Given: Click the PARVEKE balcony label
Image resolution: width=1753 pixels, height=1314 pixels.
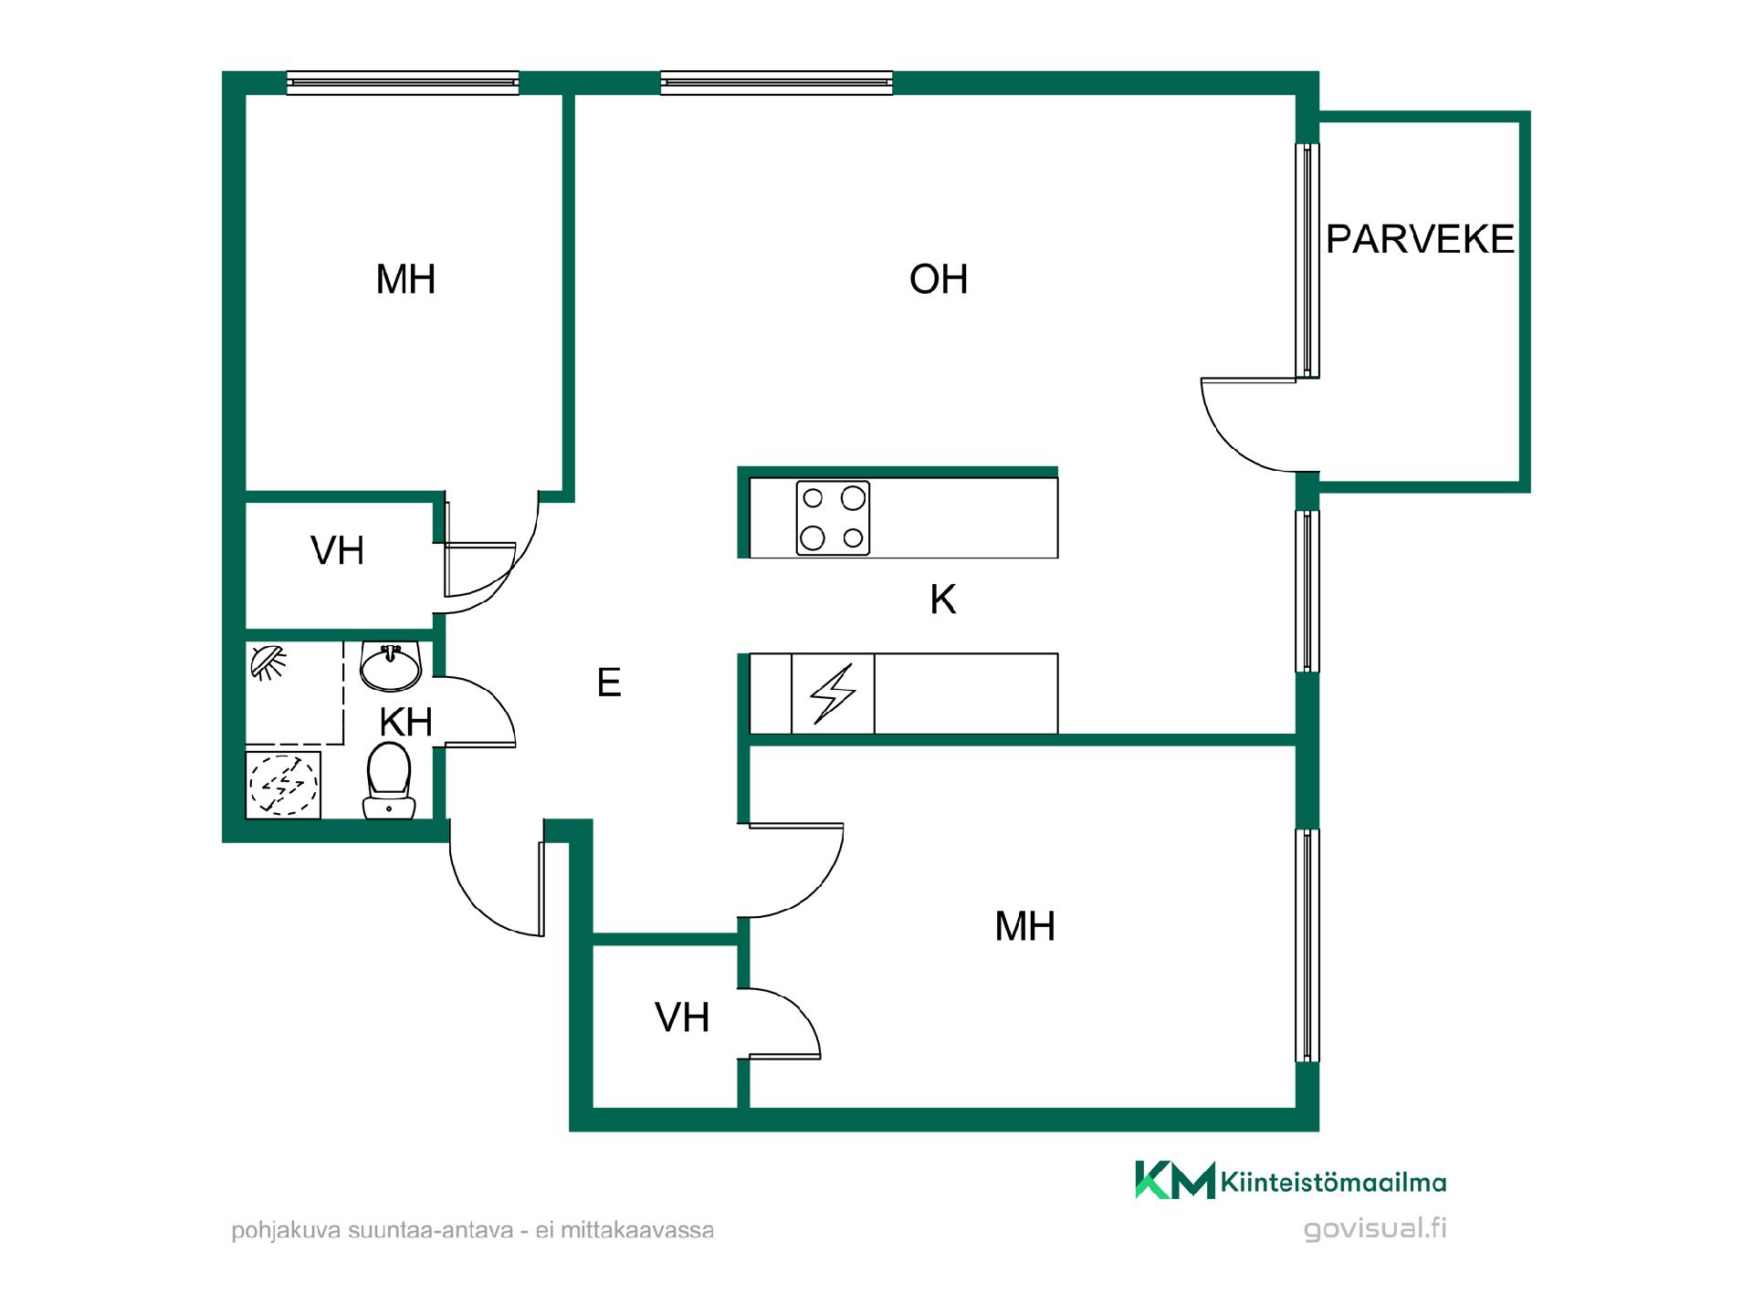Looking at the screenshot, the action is (x=1420, y=239).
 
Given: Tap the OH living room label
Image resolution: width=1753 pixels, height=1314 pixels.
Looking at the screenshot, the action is (x=939, y=279).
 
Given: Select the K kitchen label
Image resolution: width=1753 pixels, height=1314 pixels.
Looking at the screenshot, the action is (x=943, y=600).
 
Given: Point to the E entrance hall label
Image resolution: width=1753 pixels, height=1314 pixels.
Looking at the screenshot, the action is (x=609, y=683).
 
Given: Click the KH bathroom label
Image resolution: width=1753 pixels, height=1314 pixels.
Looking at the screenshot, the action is (x=405, y=722).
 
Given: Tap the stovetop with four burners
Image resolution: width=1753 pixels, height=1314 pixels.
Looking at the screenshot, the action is (x=833, y=518).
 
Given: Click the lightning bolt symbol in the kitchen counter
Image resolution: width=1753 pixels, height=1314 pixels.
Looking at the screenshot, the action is (x=833, y=693).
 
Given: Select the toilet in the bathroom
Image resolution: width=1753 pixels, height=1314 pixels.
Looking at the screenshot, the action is (x=390, y=780).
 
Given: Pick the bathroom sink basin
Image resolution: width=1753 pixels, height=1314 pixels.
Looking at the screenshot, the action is (x=391, y=666).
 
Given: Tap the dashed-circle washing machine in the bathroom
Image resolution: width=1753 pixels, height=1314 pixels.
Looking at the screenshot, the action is (x=284, y=784).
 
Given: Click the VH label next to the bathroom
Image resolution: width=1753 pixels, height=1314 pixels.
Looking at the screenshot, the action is (x=337, y=551).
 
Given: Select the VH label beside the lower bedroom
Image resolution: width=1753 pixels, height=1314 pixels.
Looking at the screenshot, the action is (x=682, y=1017).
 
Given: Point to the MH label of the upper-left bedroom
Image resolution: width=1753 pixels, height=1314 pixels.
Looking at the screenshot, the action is (x=405, y=279).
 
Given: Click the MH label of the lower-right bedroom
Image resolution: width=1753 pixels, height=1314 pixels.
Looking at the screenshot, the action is (x=1024, y=926).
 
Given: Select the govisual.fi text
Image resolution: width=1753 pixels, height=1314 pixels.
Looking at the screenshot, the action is (x=1375, y=1229).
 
